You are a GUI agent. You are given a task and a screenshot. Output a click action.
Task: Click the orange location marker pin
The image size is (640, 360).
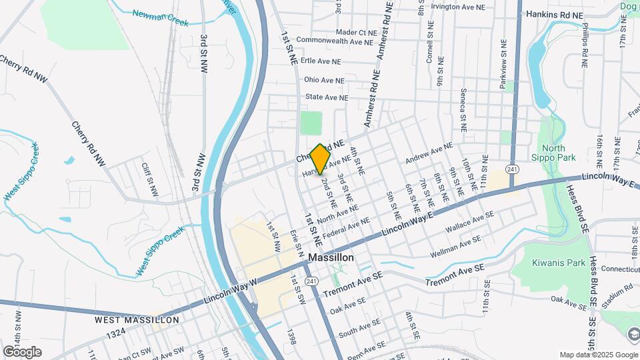pyautogui.click(x=321, y=158)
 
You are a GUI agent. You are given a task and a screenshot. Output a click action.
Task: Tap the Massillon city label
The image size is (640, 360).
pyautogui.click(x=331, y=257)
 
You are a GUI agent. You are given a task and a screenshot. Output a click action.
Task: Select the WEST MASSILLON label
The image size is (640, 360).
pyautogui.click(x=137, y=320)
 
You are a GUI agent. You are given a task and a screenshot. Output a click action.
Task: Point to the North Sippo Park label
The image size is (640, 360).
pyautogui.click(x=558, y=153)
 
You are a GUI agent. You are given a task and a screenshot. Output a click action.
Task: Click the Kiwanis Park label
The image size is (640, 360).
pyautogui.click(x=558, y=263)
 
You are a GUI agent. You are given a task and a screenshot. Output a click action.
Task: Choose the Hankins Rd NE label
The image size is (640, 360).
pyautogui.click(x=554, y=14)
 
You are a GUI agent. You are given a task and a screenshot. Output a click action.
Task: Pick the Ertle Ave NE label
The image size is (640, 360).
pyautogui.click(x=321, y=61)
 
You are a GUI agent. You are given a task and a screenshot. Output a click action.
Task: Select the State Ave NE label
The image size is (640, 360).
pyautogui.click(x=327, y=97)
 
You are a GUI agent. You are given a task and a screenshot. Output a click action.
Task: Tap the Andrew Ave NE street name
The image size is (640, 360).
pyautogui.click(x=429, y=153)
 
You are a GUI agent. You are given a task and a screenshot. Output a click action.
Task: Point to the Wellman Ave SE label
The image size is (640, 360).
pyautogui.click(x=456, y=246)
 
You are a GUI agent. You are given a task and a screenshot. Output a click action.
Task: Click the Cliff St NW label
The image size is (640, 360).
pyautogui.click(x=149, y=179)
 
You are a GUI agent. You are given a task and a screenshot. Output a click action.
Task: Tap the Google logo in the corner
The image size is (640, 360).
pyautogui.click(x=22, y=351)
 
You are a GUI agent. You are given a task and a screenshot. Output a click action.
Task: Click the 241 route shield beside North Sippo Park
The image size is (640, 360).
pyautogui.click(x=511, y=170)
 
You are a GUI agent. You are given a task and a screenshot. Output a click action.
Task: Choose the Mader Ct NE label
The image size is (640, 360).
pyautogui.click(x=357, y=32)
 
